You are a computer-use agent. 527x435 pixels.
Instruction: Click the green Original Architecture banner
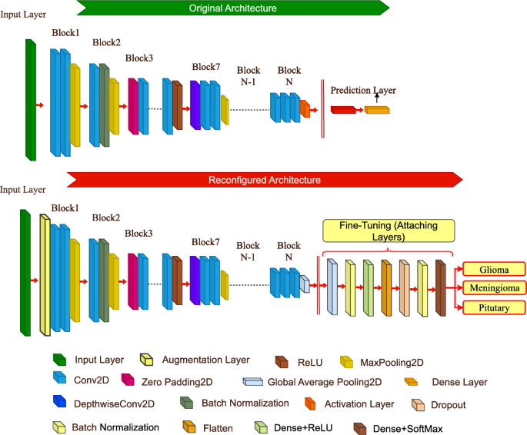231,8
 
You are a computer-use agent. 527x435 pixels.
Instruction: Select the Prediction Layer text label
362,91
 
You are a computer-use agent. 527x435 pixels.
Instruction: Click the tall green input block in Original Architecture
31,100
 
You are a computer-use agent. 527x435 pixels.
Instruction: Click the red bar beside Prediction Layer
344,110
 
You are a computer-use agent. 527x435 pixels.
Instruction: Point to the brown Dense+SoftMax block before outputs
441,287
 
